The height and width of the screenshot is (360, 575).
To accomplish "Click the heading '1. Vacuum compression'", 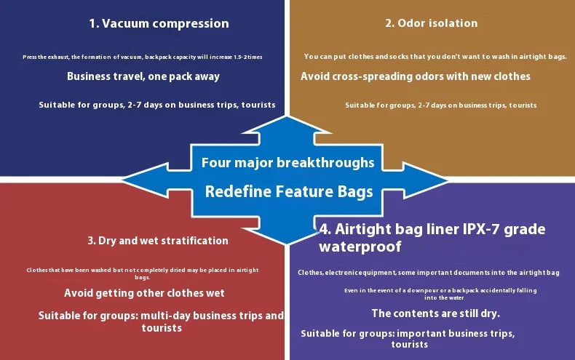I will pos(159,23).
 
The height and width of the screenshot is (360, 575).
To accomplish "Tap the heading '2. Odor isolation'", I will pos(431,23).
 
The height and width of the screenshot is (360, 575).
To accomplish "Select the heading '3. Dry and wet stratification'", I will pos(158,241).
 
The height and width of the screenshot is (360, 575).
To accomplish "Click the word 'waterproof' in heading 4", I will pos(360,247).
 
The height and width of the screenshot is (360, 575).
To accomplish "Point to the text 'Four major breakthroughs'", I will pos(287,163).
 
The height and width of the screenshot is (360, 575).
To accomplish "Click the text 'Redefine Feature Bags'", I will pos(288,192).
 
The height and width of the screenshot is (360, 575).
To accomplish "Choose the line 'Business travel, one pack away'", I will pos(143,76).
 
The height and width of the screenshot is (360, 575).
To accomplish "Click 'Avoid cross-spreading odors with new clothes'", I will pos(416,76).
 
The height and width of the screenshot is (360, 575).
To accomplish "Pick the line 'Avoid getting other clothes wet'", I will pos(144,293).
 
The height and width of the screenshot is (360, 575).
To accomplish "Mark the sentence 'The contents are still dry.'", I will pos(435,314).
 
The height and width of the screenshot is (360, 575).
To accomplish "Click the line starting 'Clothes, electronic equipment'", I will pos(428,273).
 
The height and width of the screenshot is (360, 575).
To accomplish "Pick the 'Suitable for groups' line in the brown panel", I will pos(440,105).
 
